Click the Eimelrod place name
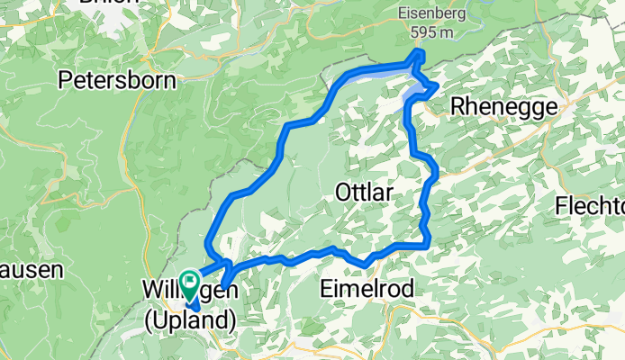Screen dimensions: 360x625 (367, 289)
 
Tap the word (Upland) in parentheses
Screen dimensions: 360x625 (190, 319)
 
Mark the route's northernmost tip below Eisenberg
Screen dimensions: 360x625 (419, 54)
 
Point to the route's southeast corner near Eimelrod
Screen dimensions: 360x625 (427, 241)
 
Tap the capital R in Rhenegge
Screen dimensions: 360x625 (457, 105)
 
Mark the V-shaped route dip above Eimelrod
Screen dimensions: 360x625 (366, 263)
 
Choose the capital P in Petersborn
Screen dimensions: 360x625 (65, 80)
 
